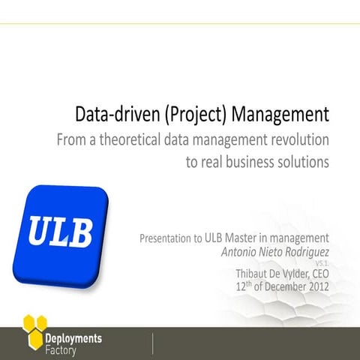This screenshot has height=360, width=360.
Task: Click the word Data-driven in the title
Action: (x=111, y=115)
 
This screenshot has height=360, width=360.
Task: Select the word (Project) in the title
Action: (x=192, y=115)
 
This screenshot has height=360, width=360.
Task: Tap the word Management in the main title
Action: (x=280, y=115)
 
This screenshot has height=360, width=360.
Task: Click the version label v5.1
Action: (x=322, y=264)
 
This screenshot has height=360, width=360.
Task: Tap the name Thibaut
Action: (x=254, y=274)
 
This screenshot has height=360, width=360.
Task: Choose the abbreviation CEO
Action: (x=318, y=274)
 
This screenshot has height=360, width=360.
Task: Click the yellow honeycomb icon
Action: (x=35, y=328)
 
